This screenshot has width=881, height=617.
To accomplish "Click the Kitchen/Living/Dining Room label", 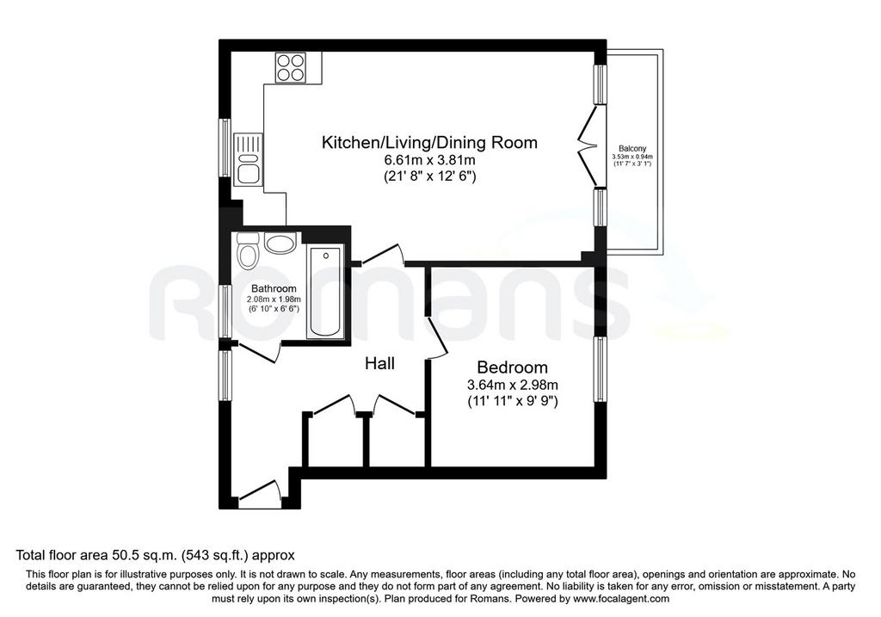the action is [429, 142].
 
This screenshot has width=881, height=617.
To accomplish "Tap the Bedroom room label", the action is [512, 367].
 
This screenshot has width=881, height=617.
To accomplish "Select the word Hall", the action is [379, 363].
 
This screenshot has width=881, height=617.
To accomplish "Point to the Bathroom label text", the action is [274, 289].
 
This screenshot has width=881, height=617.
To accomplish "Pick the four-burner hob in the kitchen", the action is [291, 67].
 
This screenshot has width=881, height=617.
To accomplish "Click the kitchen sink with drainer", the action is [248, 159].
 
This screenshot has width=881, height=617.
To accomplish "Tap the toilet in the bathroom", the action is [247, 250].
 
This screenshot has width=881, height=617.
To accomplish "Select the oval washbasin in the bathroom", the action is [280, 244].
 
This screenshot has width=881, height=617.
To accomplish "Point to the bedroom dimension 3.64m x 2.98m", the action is [513, 386].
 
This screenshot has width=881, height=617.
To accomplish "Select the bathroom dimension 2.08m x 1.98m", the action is [274, 299].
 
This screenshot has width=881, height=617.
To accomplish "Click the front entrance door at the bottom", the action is [261, 490].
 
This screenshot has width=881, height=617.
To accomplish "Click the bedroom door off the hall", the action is [436, 337].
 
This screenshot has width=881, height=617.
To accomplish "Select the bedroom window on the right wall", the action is [601, 369].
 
